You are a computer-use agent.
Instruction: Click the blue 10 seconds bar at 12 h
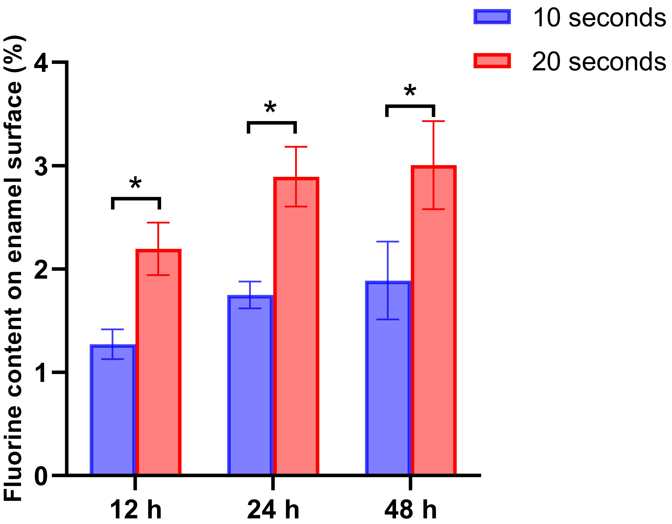113,410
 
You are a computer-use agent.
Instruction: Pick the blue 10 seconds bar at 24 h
250,385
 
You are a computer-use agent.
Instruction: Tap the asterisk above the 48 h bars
410,91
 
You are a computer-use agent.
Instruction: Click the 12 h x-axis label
135,510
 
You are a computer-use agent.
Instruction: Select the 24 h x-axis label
273,510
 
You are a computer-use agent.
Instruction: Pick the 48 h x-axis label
411,510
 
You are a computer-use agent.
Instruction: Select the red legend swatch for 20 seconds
492,61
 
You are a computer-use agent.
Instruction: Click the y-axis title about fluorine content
14,268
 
